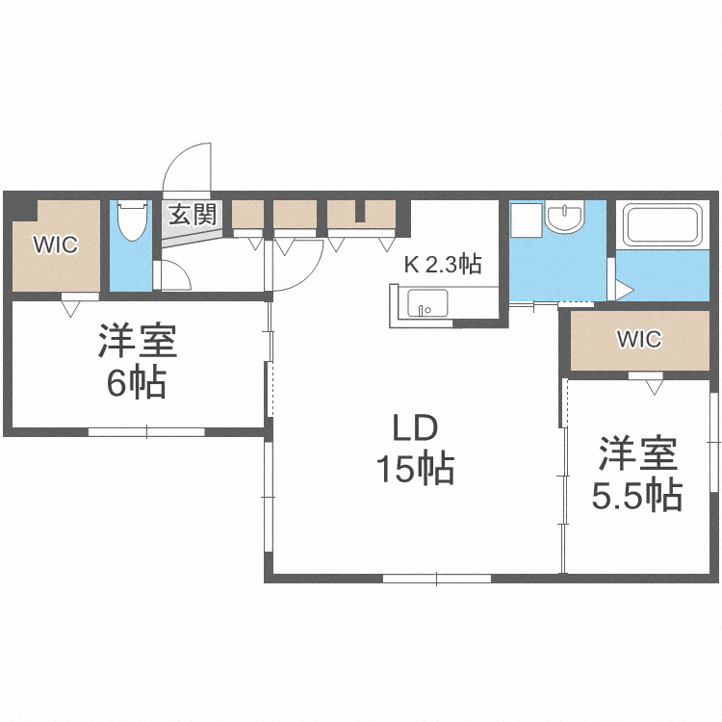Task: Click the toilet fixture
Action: tap(131, 222)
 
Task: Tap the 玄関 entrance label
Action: tap(193, 214)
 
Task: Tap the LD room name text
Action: tap(414, 425)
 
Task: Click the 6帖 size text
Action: tap(135, 383)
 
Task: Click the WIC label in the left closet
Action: tap(55, 245)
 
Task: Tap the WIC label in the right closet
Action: tap(639, 339)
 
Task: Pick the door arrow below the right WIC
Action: tap(655, 386)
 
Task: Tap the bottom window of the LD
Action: tap(436, 579)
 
